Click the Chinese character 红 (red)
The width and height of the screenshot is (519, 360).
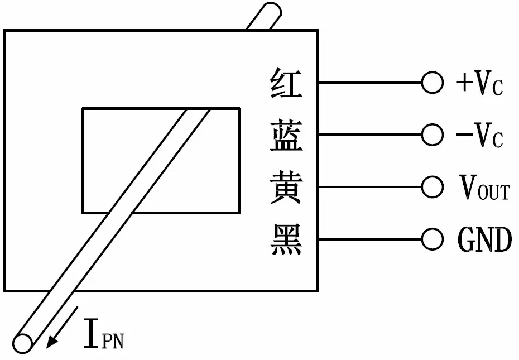286,83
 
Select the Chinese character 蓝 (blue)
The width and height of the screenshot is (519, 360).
286,135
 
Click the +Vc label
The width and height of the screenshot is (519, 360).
479,83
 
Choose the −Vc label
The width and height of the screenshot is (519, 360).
479,135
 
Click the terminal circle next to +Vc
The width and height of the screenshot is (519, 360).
433,83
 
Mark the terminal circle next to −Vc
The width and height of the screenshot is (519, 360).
433,135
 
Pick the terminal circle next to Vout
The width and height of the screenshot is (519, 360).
433,187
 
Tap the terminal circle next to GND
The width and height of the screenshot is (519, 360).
433,239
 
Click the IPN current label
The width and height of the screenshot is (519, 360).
104,334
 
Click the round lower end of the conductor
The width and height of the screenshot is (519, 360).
22,343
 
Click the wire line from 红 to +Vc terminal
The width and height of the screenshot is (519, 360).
370,83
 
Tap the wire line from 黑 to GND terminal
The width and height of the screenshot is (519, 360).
370,239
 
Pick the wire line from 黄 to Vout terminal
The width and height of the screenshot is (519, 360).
370,187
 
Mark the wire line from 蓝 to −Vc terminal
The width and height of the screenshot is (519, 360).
370,135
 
